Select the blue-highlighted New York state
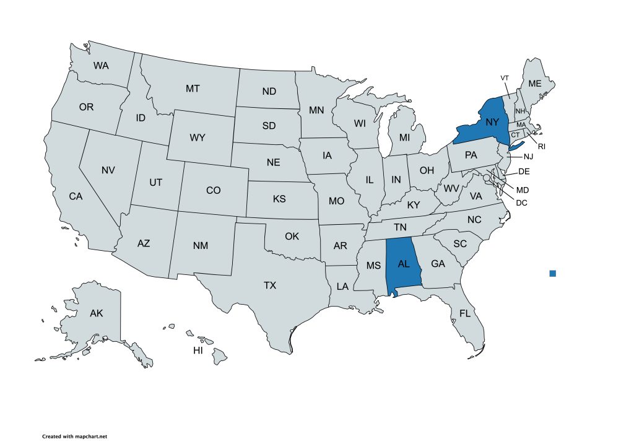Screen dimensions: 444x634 click(486, 124)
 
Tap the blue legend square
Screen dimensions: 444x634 click(553, 273)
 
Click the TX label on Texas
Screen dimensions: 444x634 click(270, 285)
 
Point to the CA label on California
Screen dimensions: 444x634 click(76, 196)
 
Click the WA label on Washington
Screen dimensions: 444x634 click(101, 65)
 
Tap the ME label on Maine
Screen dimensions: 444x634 click(534, 84)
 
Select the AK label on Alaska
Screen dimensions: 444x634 click(96, 313)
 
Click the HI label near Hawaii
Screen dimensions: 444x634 click(198, 350)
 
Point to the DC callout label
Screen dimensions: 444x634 click(521, 201)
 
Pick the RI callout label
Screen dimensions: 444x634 click(541, 147)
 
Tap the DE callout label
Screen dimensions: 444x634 click(523, 172)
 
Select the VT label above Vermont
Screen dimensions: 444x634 click(505, 77)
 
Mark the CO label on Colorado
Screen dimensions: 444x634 click(213, 191)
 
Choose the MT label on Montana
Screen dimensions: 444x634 click(193, 89)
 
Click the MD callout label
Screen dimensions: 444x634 click(523, 189)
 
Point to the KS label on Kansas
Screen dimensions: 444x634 click(279, 199)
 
